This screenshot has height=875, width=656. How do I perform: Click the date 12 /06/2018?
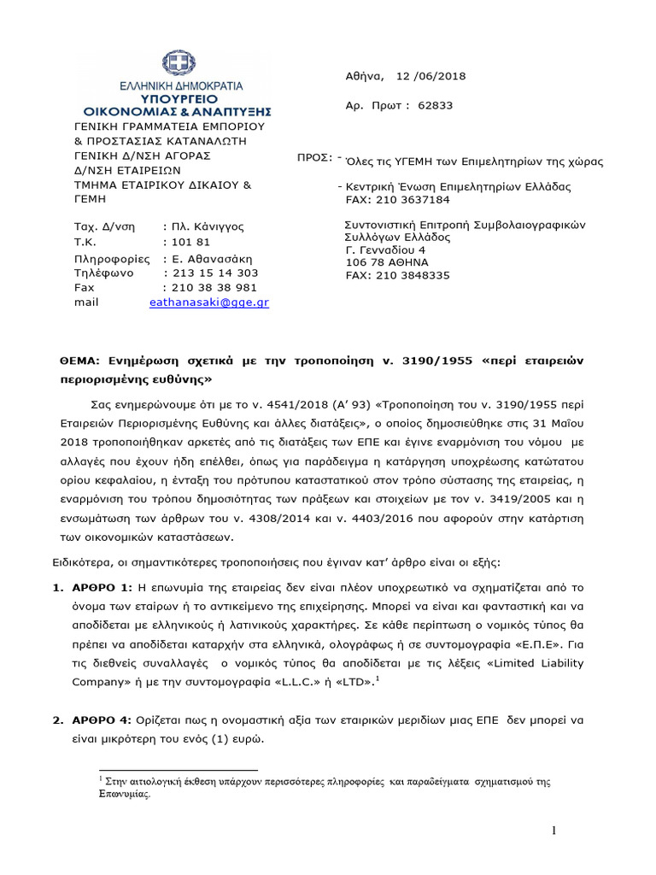431,76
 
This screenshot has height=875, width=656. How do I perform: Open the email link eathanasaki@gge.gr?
208,302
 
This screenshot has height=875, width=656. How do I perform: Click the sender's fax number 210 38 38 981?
214,288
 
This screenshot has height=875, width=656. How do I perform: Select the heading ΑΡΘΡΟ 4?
100,721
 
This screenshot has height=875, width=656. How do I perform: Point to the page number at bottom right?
553,831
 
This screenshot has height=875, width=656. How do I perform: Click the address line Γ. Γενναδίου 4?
384,250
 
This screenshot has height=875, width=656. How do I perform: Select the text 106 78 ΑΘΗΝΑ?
387,262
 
